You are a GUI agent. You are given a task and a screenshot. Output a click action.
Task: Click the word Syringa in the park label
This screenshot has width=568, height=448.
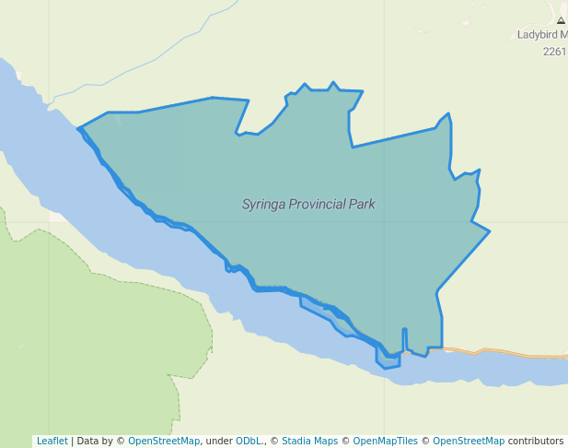point(263,205)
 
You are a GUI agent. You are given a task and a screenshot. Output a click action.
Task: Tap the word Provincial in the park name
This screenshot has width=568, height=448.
point(319,205)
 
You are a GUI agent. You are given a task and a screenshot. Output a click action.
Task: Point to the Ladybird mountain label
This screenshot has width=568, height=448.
point(542,34)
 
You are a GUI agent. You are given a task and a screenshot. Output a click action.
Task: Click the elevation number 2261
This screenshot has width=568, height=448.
point(554,52)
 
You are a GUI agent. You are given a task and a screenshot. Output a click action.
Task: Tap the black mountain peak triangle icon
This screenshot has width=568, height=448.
point(561,19)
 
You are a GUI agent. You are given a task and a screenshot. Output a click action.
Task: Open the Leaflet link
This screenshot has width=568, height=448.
point(52,441)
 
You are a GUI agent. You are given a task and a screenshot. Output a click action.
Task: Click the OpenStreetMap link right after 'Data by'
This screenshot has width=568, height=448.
point(164,441)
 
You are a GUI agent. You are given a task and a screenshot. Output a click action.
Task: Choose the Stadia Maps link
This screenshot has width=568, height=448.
point(309,441)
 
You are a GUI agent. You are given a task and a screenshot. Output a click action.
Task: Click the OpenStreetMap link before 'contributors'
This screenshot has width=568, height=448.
point(469,441)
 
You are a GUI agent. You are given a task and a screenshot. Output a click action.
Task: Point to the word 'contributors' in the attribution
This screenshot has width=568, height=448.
point(536,441)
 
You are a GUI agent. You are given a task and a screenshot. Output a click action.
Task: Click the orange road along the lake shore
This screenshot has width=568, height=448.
point(516,353)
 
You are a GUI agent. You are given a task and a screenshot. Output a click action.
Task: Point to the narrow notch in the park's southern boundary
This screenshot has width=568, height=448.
point(404,339)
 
